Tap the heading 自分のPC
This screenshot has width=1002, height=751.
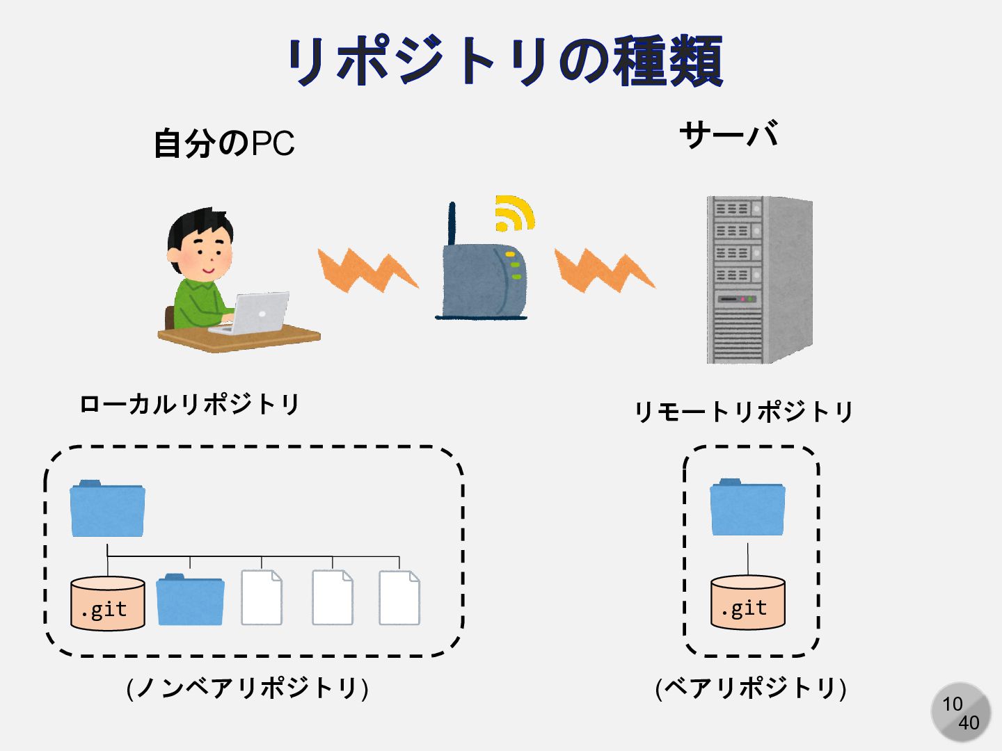224,143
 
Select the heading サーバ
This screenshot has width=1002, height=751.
729,134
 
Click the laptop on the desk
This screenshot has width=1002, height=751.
254,313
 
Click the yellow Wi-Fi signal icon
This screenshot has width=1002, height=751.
514,213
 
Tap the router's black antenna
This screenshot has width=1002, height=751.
452,223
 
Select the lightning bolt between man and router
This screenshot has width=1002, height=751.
367,270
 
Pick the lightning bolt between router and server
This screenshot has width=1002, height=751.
603,270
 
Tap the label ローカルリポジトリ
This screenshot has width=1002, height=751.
189,404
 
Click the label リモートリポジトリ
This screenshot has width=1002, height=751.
743,412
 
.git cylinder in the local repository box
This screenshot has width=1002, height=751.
108,604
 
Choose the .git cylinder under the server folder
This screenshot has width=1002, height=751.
748,602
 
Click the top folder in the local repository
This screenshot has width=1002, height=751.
107,509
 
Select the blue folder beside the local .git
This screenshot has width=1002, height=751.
190,599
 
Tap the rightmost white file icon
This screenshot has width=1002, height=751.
399,598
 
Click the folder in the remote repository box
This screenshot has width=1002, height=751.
748,507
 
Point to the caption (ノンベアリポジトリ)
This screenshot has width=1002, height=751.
247,688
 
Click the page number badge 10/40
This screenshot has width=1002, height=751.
961,713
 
